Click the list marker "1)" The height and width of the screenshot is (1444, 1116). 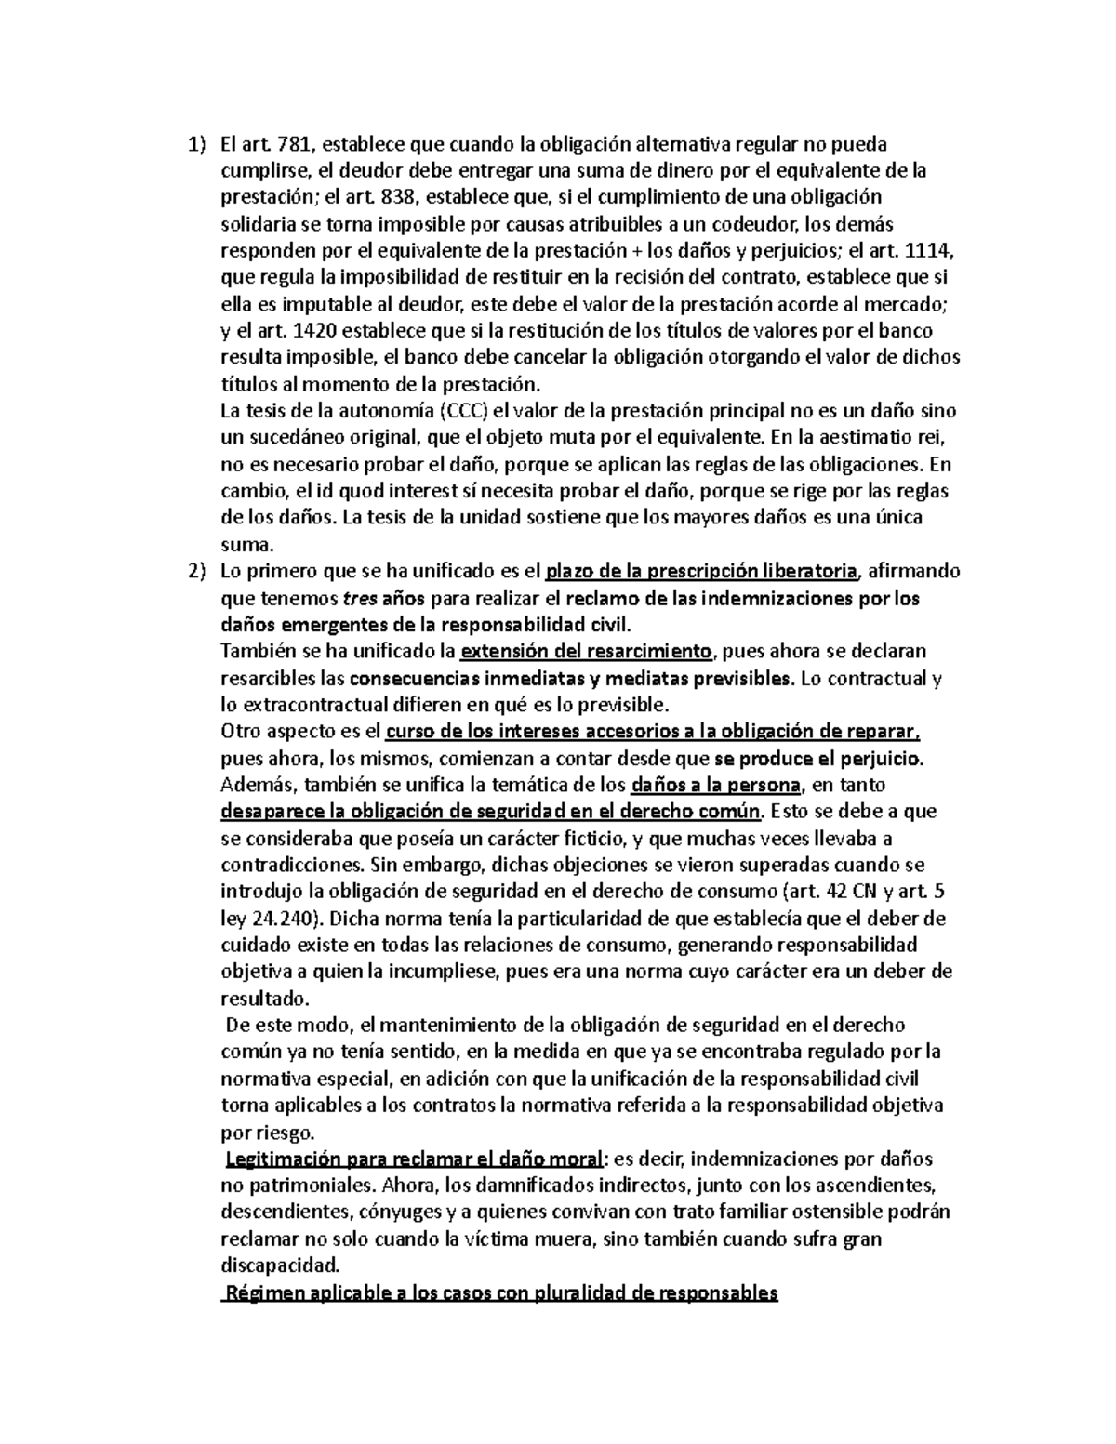click(x=193, y=144)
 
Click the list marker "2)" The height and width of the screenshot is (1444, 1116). click(x=193, y=571)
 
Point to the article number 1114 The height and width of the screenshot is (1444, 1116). click(x=932, y=251)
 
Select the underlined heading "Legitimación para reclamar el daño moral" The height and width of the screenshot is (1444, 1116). click(x=414, y=1159)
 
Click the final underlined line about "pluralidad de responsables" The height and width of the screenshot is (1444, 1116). click(x=499, y=1293)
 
